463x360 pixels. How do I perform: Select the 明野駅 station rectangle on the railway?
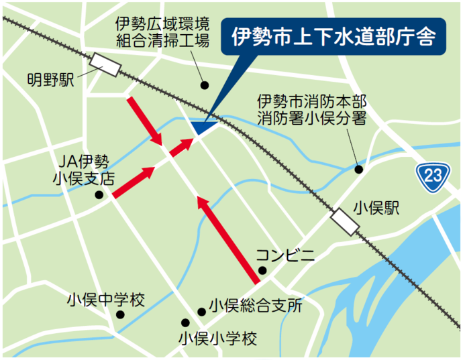(x=107, y=65)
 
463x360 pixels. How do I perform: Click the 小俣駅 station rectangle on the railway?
(x=344, y=221)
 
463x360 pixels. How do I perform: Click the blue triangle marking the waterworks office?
(x=203, y=125)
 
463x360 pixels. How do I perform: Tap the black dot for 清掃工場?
(x=205, y=85)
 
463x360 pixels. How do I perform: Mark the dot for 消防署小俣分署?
(x=359, y=170)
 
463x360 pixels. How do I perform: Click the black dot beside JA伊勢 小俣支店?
(x=99, y=196)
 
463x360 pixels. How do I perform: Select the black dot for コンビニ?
(x=262, y=271)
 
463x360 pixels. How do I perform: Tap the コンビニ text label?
(x=285, y=255)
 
